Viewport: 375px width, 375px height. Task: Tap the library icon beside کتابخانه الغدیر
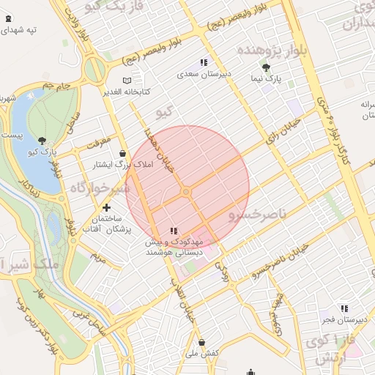(x=127, y=80)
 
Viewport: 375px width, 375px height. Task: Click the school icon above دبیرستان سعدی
(x=204, y=63)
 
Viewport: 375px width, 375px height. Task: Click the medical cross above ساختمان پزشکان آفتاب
(x=107, y=208)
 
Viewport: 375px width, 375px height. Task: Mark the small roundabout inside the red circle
(x=187, y=191)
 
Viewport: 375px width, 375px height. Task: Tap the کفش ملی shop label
(x=202, y=354)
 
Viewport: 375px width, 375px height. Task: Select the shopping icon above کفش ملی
(x=201, y=342)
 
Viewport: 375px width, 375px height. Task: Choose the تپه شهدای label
(x=22, y=30)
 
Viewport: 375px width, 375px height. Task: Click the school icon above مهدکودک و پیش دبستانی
(x=174, y=231)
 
